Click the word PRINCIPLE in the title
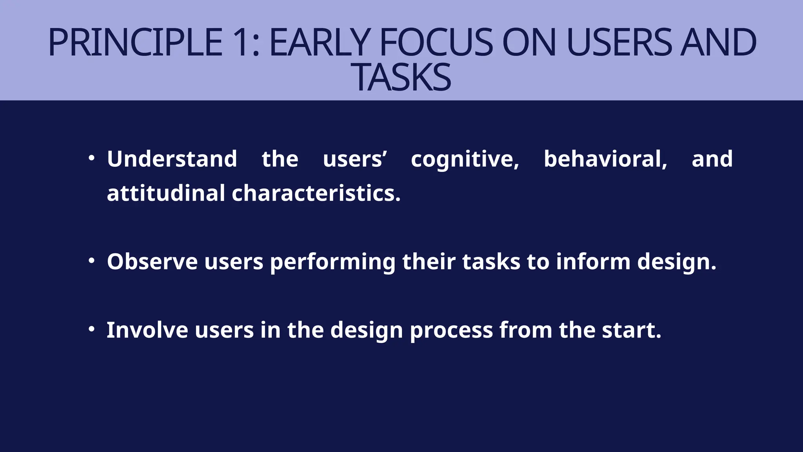[135, 42]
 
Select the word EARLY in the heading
[320, 42]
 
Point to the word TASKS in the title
[403, 77]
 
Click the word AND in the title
[718, 42]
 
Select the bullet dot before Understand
[91, 159]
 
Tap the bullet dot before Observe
[91, 261]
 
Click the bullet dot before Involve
[91, 329]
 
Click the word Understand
[172, 159]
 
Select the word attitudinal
[166, 193]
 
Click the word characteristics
[316, 193]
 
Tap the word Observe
[152, 261]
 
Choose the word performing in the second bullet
[332, 262]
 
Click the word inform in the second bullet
[593, 261]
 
